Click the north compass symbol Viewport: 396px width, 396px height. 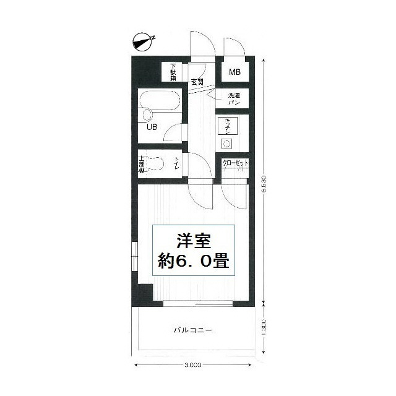click(144, 42)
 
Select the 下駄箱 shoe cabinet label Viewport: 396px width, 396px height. click(173, 72)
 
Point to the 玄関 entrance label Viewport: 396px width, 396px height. click(197, 82)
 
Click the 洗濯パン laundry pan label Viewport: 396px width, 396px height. click(234, 98)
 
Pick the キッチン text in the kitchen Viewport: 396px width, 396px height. click(228, 126)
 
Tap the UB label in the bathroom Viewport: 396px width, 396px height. click(152, 127)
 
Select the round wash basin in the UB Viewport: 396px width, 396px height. click(147, 115)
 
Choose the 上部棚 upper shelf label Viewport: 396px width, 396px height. click(142, 164)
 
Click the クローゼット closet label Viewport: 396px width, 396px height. click(235, 163)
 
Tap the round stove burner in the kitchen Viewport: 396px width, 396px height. click(226, 144)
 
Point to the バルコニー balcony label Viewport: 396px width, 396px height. click(192, 330)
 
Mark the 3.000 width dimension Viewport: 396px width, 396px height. click(192, 365)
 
